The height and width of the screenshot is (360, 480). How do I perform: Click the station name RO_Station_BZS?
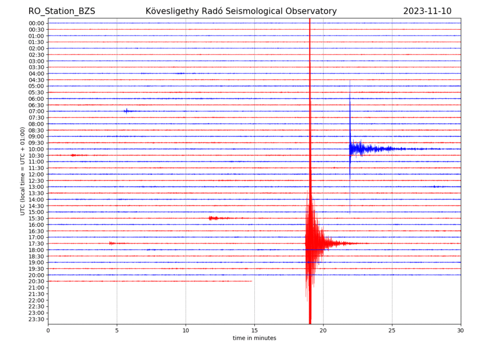(62, 11)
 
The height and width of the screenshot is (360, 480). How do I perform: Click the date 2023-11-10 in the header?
(427, 11)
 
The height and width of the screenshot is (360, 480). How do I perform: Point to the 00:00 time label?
(36, 23)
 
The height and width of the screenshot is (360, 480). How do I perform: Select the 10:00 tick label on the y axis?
(36, 149)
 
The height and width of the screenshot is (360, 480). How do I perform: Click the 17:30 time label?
(36, 243)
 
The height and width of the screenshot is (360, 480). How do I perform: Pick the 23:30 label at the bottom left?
(36, 319)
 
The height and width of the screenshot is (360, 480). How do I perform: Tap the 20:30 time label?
(36, 281)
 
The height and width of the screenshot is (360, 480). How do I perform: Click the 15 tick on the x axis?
(254, 330)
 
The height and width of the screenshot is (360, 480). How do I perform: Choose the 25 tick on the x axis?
(392, 330)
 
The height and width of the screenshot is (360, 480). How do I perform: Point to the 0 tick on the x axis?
(48, 330)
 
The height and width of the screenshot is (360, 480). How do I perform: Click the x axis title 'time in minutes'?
(254, 338)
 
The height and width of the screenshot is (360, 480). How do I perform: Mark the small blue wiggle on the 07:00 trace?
(126, 111)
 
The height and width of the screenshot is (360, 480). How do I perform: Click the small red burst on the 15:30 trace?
(213, 218)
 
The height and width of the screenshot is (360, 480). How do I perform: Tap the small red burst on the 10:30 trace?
(74, 155)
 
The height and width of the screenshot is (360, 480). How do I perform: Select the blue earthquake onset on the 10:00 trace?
(350, 149)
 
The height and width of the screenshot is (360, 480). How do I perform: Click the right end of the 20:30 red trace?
(252, 281)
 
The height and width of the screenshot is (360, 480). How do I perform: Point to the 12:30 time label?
(36, 181)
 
